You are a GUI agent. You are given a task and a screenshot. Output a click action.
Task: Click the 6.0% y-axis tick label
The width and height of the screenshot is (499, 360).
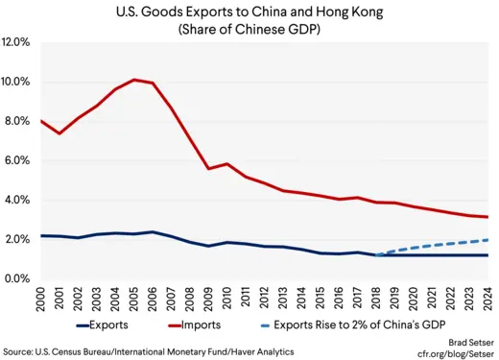pos(21,161)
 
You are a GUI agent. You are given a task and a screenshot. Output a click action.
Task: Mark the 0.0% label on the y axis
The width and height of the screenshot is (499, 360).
pos(21,278)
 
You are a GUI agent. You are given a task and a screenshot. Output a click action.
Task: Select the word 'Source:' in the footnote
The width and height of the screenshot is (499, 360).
pos(21,352)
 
